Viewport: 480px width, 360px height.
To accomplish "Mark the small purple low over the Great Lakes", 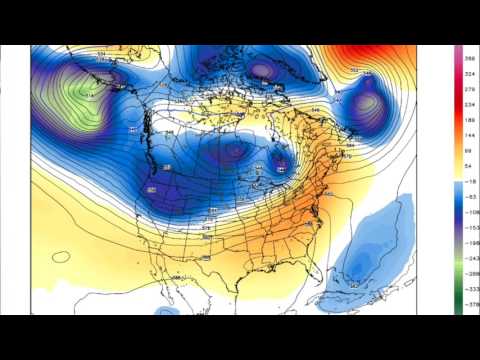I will click(282, 158).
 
